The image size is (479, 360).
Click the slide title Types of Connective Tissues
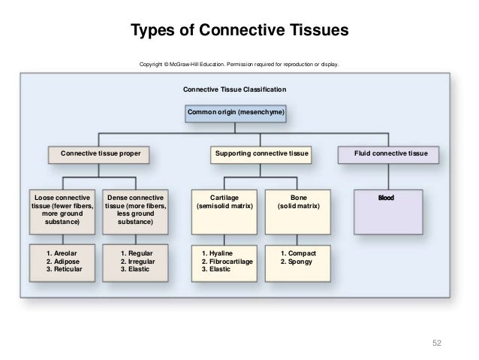[x=239, y=30]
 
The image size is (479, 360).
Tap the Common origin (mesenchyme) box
[x=236, y=113]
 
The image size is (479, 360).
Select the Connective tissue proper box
[x=98, y=155]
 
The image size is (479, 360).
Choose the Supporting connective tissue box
[x=261, y=155]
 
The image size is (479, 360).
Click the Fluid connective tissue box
[x=388, y=155]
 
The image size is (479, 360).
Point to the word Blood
[x=386, y=198]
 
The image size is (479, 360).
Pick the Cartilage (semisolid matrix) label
[x=224, y=202]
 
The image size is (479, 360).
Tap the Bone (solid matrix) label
[x=299, y=202]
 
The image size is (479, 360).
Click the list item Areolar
[x=62, y=253]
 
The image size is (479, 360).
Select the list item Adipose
[x=62, y=262]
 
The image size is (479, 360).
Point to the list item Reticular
[x=64, y=269]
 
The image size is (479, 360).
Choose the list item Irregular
[x=137, y=262]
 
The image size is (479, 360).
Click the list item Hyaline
[x=217, y=253]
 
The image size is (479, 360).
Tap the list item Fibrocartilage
[x=227, y=262]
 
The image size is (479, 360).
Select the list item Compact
[x=298, y=253]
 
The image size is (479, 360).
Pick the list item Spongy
[x=296, y=262]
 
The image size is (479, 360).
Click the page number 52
[x=436, y=343]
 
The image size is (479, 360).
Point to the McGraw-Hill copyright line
[x=239, y=64]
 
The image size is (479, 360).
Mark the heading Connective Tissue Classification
[x=234, y=89]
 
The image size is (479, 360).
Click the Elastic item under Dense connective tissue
[x=134, y=269]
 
